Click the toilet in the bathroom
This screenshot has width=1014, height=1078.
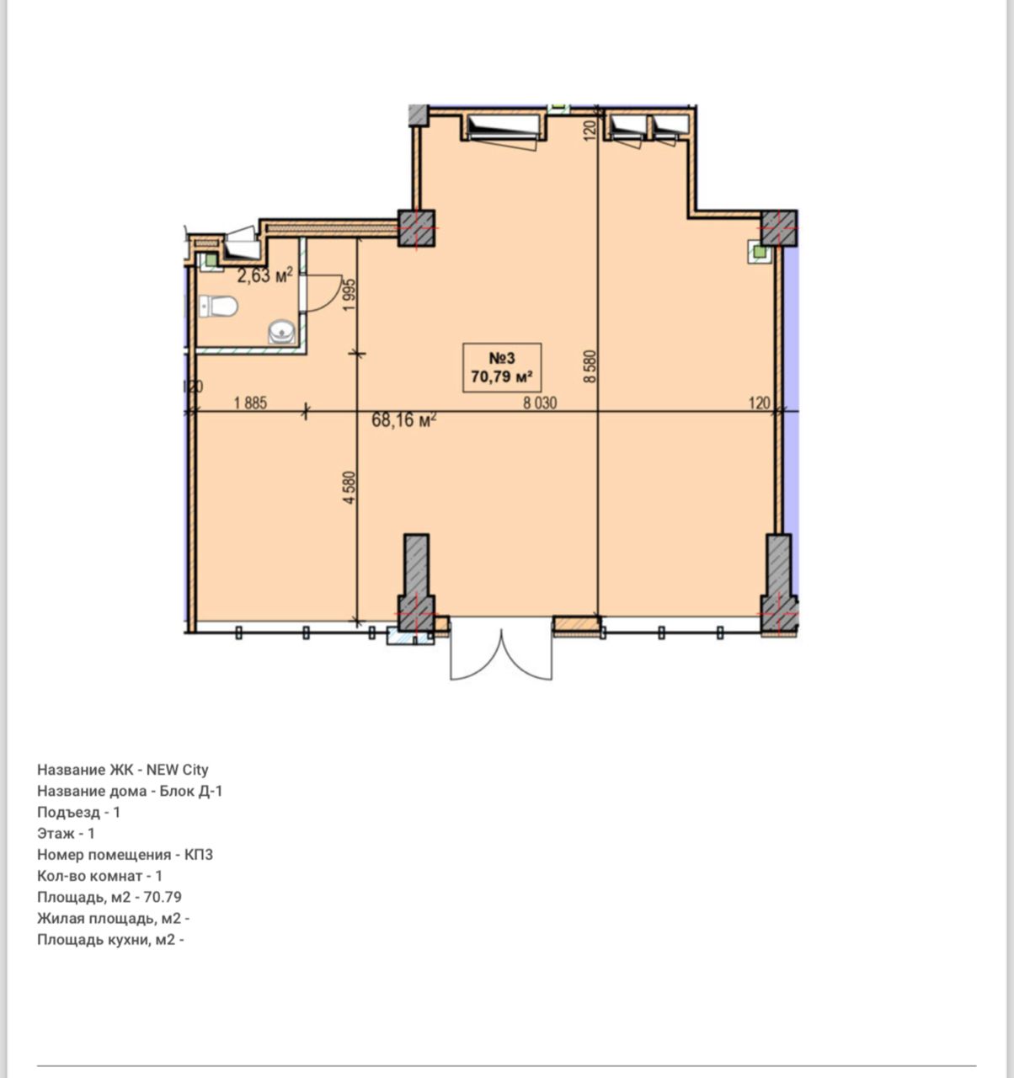218,307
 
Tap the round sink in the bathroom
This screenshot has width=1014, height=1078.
282,331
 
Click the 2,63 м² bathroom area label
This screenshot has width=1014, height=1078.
265,275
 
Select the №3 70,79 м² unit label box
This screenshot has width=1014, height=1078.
502,367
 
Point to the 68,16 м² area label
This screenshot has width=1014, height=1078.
404,419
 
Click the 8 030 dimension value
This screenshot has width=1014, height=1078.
540,403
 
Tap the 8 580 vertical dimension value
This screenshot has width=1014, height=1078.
590,366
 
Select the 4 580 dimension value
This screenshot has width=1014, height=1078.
350,487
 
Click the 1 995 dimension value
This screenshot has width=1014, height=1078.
350,295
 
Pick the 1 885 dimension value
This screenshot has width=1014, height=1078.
250,403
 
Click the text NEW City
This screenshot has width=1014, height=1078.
177,770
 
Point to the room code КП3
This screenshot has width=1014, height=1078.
198,854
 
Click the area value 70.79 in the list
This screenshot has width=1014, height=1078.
163,897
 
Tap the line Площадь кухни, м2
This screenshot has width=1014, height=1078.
110,940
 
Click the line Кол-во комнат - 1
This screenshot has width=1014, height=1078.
99,876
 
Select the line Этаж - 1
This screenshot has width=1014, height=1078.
66,833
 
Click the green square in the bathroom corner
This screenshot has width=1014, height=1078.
210,260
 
